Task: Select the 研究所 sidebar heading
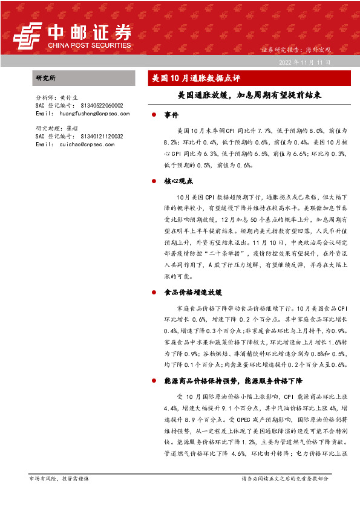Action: coord(46,78)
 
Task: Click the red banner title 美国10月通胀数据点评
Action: coord(195,78)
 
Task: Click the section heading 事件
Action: coord(171,114)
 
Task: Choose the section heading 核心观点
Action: coord(178,181)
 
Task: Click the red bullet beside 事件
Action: coord(155,114)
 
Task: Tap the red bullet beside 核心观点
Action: coord(155,181)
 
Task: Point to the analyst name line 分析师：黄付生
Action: coord(57,97)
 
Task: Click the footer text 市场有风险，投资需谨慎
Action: coord(59,479)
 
